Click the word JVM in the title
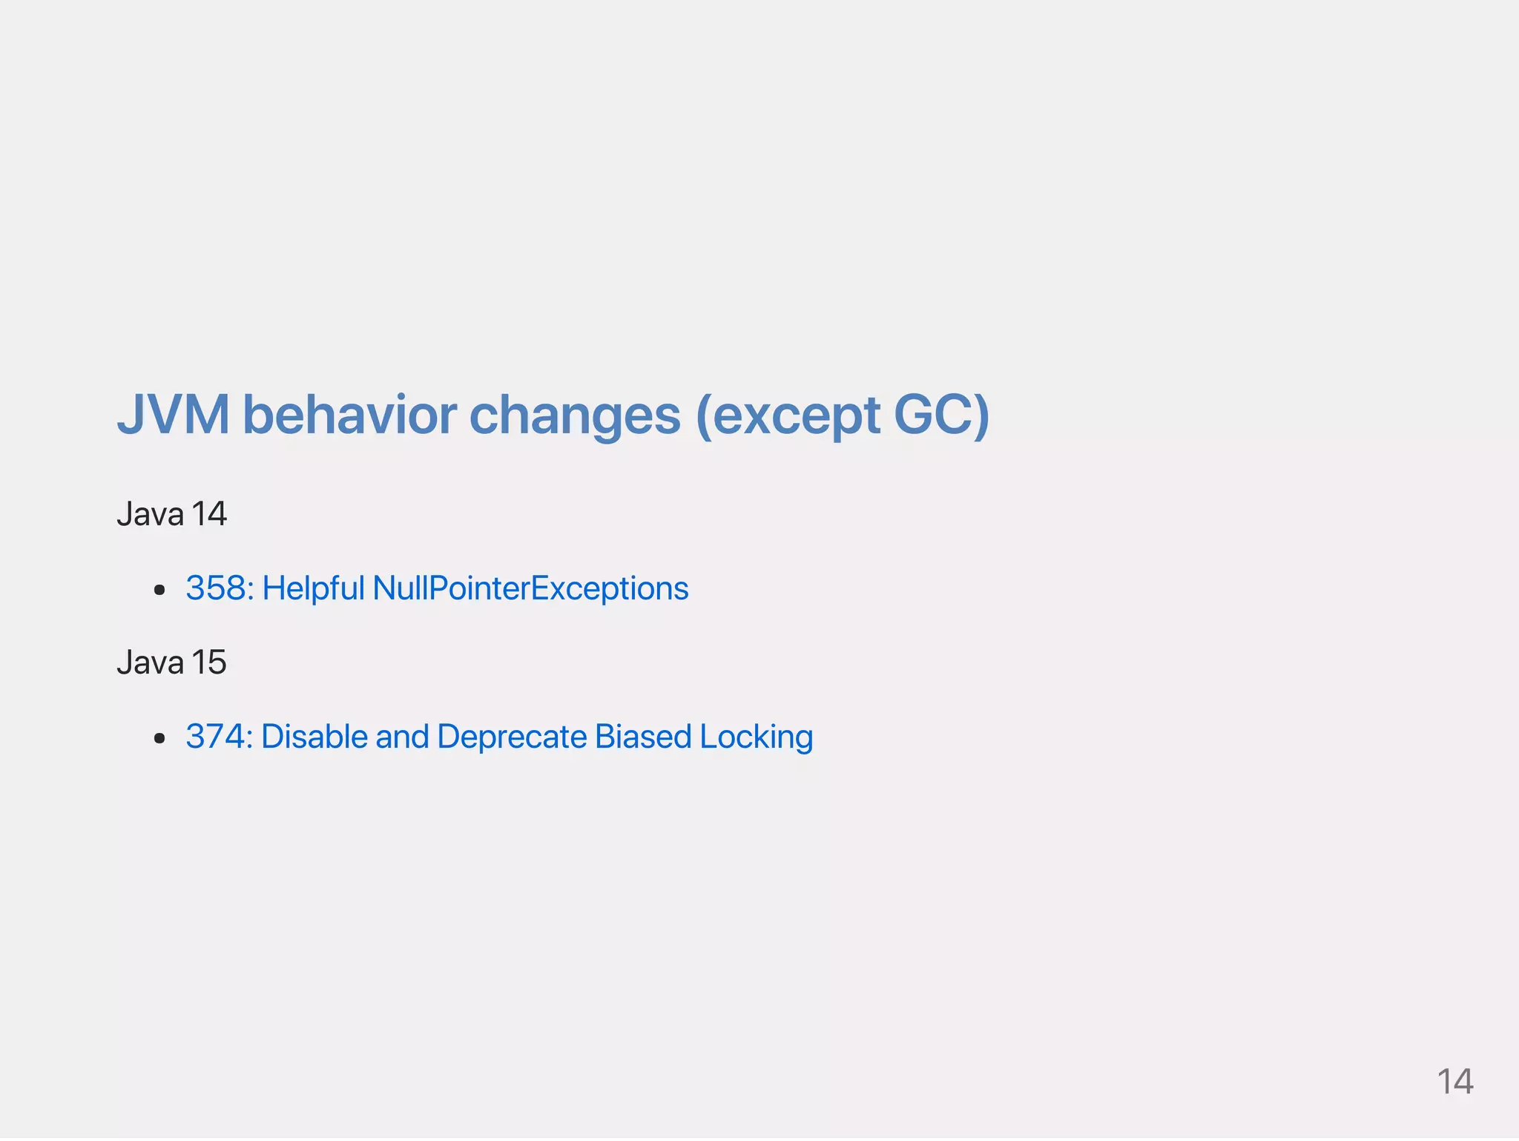[173, 414]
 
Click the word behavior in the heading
[349, 414]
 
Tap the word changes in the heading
[575, 415]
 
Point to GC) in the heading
[941, 414]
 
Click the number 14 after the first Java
[208, 514]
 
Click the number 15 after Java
[208, 662]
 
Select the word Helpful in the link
[313, 589]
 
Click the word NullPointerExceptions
[530, 588]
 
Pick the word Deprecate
[512, 737]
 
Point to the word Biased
[643, 737]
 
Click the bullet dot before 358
[159, 591]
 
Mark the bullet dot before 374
[159, 739]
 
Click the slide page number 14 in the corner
[1454, 1082]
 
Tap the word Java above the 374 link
[150, 662]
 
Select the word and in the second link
[402, 737]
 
